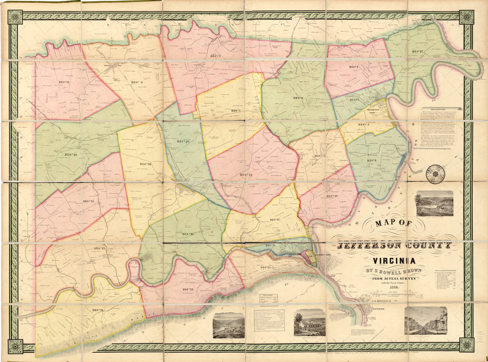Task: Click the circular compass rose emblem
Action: [x=435, y=174]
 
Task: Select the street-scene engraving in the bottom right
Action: [x=425, y=320]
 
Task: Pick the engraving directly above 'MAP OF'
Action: [x=434, y=203]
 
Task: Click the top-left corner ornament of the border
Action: [x=16, y=17]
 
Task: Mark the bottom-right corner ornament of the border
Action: [x=466, y=345]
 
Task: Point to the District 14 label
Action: [x=98, y=310]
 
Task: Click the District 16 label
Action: [x=188, y=234]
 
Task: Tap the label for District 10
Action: [x=71, y=154]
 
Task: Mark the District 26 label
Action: [x=332, y=196]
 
